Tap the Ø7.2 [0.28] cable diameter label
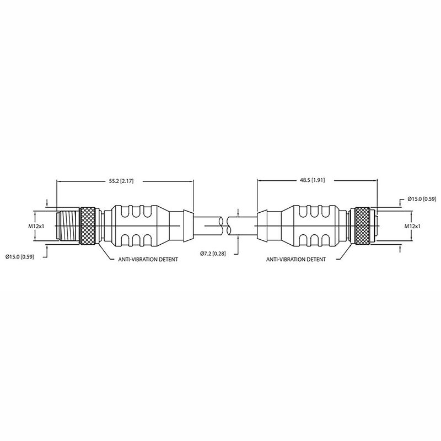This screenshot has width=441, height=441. pos(217,253)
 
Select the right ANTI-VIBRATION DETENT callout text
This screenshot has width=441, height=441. pos(295,259)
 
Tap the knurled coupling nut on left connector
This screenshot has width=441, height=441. pos(88,226)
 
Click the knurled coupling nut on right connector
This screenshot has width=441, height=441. pos(362,226)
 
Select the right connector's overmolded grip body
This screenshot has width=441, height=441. pos(311,226)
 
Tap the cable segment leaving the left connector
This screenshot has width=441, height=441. pos(207,226)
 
